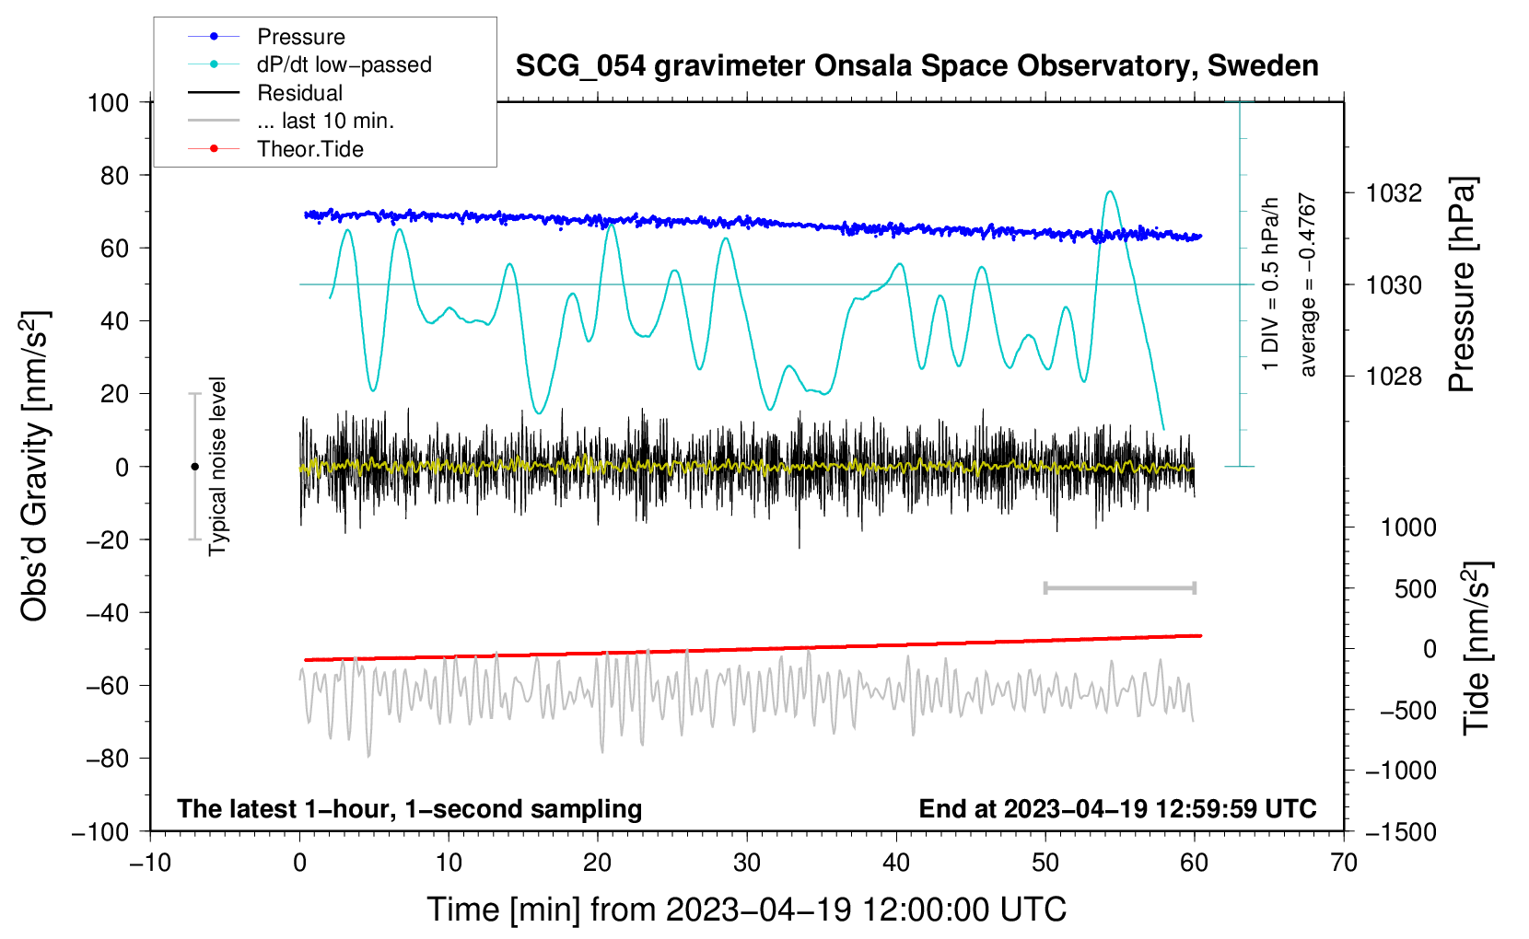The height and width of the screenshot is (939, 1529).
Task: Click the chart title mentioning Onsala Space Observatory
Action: [916, 66]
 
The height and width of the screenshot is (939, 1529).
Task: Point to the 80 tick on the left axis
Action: [114, 176]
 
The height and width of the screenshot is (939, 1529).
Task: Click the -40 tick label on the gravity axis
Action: [107, 613]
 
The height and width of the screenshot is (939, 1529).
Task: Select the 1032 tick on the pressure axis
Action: [1394, 193]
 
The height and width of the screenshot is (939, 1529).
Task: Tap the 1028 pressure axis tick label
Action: [1394, 376]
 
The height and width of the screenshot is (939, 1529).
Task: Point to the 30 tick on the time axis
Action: [747, 863]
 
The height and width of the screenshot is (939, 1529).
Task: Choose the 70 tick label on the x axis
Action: [1343, 863]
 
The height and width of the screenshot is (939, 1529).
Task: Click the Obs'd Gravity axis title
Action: [34, 466]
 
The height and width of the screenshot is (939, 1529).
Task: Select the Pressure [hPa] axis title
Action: [1462, 284]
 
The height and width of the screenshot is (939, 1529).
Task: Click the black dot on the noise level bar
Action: [194, 467]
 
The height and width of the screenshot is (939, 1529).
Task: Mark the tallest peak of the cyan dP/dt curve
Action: [1110, 191]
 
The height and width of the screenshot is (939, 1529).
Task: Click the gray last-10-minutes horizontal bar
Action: [1119, 588]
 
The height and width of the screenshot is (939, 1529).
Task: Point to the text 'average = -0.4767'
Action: [1307, 284]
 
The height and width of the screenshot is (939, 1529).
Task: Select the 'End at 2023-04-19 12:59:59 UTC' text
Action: [1117, 808]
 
